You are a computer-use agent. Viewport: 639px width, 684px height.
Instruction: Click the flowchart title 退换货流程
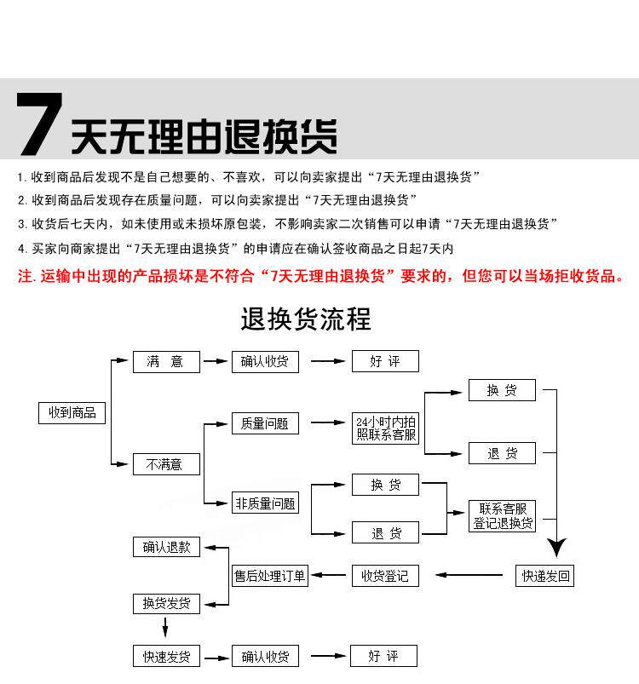pos(306,320)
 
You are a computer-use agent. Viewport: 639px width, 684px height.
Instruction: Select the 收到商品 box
pos(72,413)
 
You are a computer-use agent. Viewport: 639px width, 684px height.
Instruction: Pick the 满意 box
pos(166,361)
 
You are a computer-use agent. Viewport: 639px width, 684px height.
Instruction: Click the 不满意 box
pos(166,464)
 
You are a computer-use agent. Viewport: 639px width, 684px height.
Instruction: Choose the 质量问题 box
pos(265,423)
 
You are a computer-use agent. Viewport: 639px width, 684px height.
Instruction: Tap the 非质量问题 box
pos(265,503)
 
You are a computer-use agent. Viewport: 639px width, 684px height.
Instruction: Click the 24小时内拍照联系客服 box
pos(386,428)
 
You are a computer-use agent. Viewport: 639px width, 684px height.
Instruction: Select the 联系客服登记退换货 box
pos(503,516)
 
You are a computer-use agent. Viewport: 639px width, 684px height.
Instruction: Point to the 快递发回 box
pos(545,576)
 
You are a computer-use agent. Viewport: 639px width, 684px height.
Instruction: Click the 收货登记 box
pos(386,576)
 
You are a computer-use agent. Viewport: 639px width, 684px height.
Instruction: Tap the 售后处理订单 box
pos(270,576)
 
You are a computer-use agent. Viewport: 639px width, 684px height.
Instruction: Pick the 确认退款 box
pos(166,547)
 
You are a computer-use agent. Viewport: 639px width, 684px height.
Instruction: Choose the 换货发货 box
pos(166,604)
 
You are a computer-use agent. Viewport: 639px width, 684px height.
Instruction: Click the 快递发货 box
pos(166,656)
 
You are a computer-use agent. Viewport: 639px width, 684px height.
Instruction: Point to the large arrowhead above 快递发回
pos(557,546)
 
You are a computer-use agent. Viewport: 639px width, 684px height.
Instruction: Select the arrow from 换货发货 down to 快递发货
pos(166,629)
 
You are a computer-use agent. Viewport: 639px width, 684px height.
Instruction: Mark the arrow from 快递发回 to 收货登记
pos(469,576)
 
